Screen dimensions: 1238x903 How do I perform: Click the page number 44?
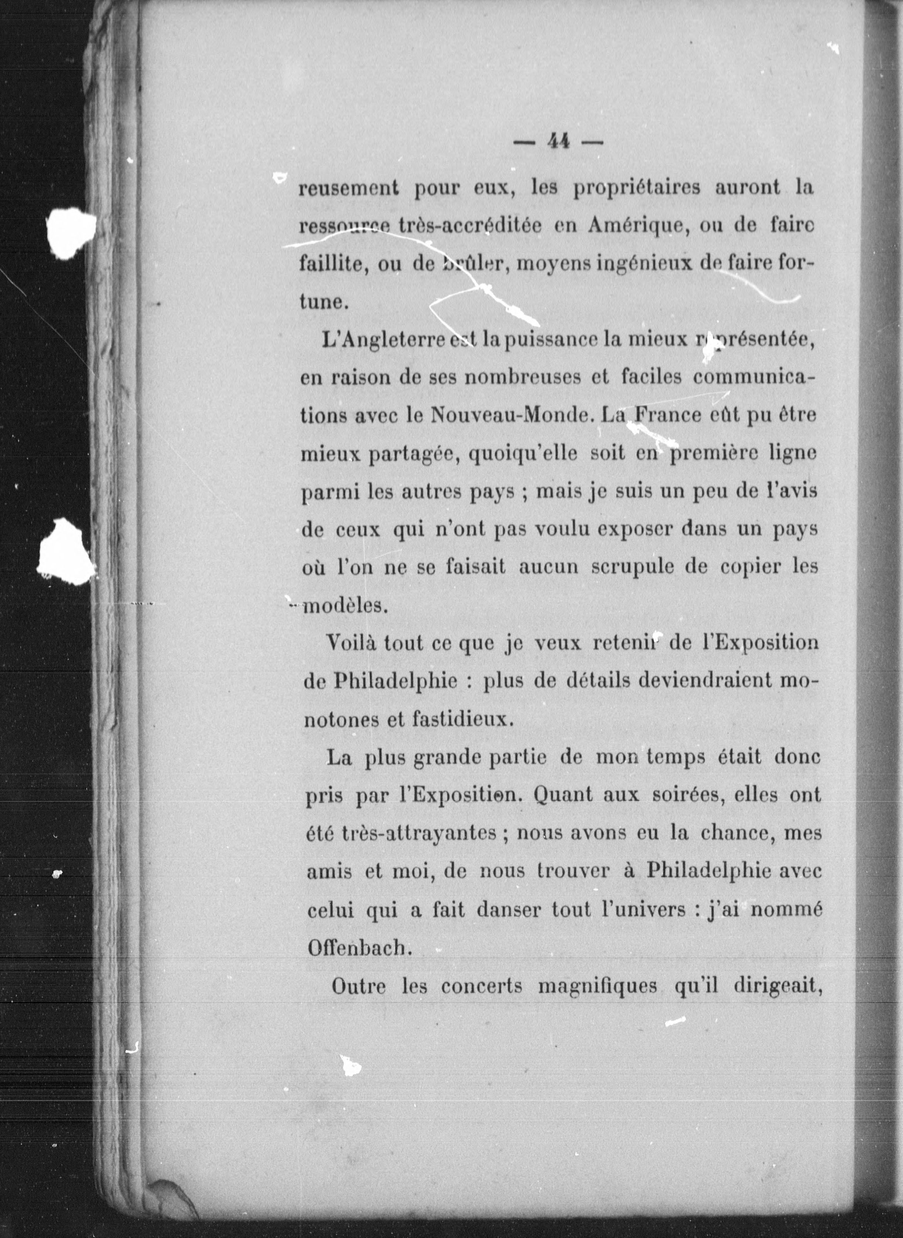point(558,142)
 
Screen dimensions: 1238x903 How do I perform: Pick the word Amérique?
point(630,226)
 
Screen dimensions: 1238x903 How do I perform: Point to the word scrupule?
point(631,568)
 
